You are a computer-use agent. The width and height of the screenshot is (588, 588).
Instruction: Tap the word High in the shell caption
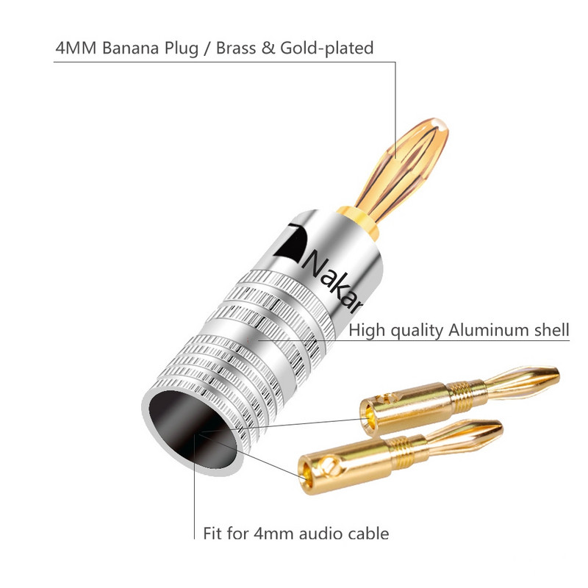[x=365, y=330]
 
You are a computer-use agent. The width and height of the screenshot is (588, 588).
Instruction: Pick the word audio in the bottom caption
[x=318, y=533]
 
